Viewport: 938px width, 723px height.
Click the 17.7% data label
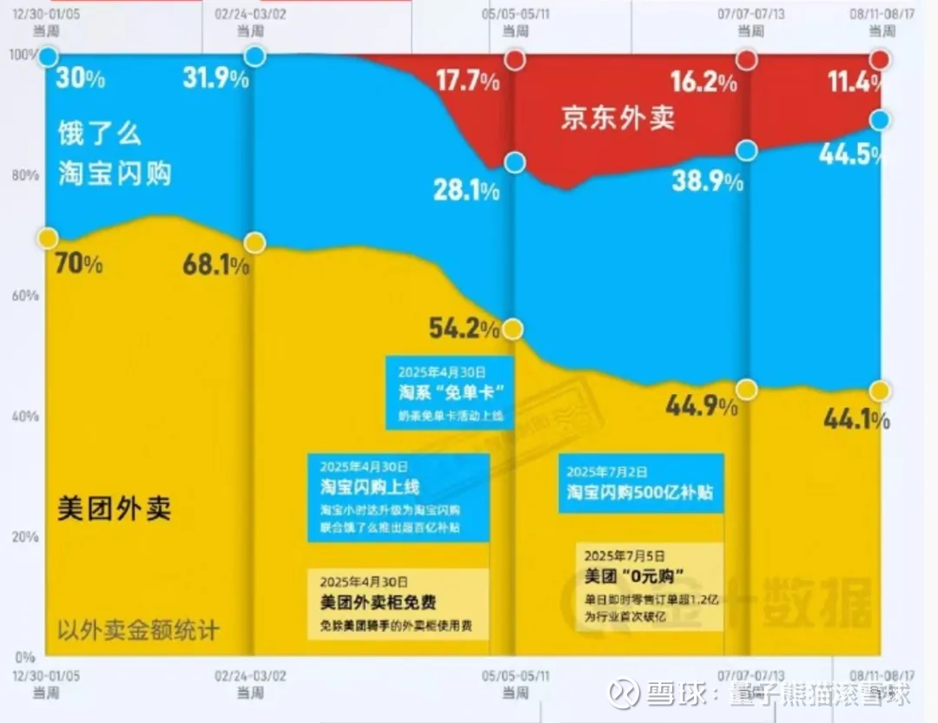click(x=467, y=82)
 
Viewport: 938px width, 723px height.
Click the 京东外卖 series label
click(x=617, y=119)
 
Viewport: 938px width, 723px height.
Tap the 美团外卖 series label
click(x=114, y=508)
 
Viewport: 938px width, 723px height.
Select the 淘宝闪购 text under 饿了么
click(x=115, y=174)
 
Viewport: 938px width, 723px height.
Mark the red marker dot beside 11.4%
click(x=880, y=59)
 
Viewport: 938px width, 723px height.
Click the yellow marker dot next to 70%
click(x=48, y=238)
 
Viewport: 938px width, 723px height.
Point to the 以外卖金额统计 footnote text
click(x=139, y=628)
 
